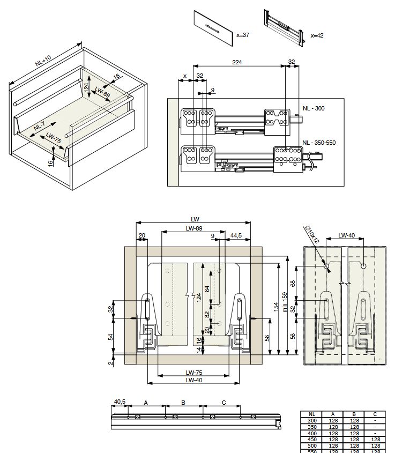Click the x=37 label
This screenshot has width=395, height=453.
[243, 35]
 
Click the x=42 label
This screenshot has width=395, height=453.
[317, 35]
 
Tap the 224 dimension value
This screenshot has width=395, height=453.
[237, 62]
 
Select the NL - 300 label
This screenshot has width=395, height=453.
[314, 108]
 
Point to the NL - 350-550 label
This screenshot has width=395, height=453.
[319, 143]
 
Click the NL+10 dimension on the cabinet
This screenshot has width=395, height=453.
[43, 61]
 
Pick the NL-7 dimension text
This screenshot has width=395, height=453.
[39, 126]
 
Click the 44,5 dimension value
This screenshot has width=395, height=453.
[236, 235]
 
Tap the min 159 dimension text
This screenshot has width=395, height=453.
[285, 302]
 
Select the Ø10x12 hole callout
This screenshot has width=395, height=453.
[312, 235]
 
